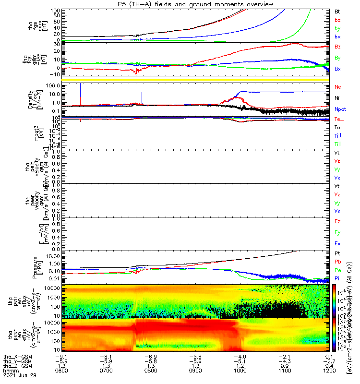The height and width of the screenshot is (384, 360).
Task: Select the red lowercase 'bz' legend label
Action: (x=337, y=20)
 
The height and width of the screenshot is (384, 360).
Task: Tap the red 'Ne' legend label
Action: (x=338, y=87)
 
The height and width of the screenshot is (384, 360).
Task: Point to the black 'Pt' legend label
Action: (x=337, y=252)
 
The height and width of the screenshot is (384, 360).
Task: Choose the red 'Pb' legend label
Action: (x=338, y=261)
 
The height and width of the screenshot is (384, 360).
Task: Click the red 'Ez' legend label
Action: (x=337, y=221)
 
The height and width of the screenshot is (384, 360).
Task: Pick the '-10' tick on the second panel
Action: (x=53, y=74)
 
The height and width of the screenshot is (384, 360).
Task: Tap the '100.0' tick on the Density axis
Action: (x=52, y=86)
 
